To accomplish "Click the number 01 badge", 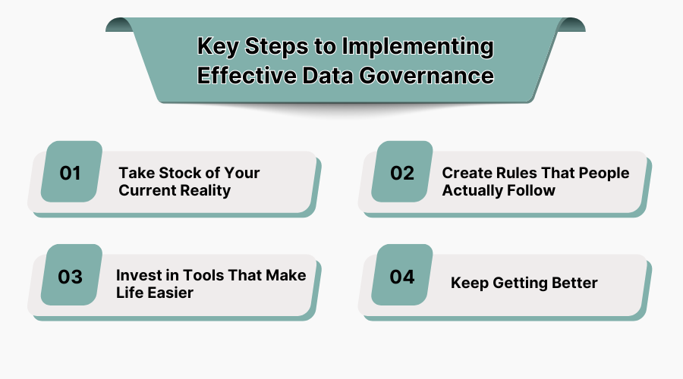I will pos(71,172).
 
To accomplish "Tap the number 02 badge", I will pos(402,172).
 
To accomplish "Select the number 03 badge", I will pos(71,276).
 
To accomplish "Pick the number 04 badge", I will pos(402,276).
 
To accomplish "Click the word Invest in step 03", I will pos(140,274).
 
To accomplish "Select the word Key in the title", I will pos(216,47).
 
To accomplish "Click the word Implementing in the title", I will pos(417,47).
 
